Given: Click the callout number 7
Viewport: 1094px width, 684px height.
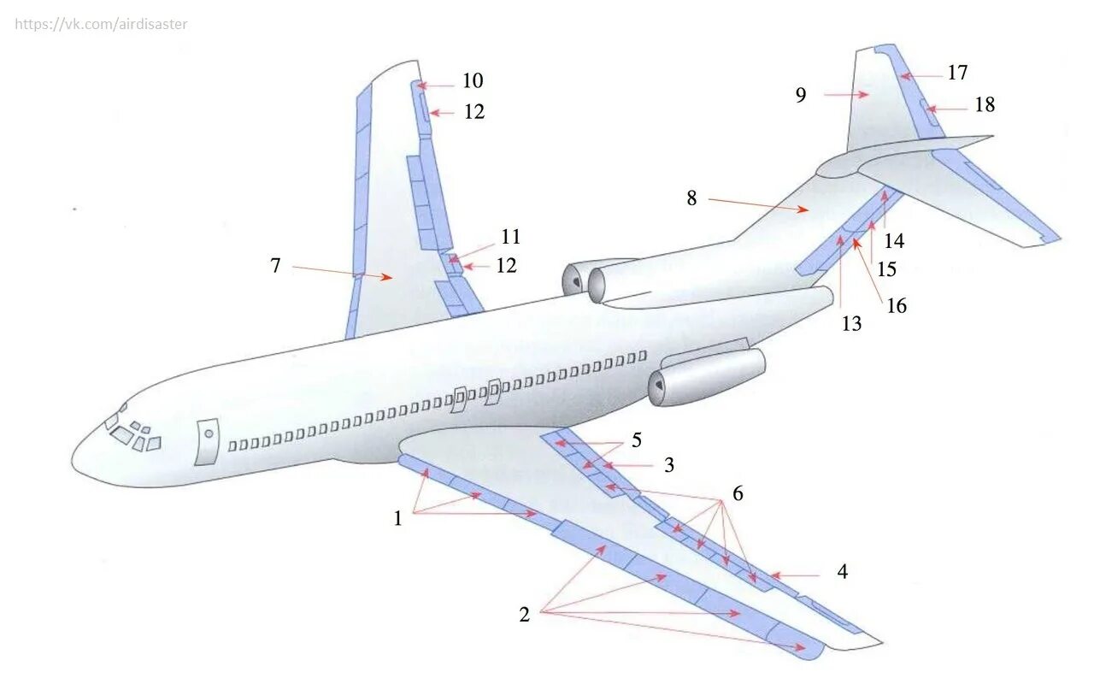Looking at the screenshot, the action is [275, 266].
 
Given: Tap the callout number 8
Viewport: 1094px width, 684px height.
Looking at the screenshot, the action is [691, 199].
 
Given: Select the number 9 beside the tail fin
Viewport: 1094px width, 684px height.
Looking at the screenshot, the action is [801, 95].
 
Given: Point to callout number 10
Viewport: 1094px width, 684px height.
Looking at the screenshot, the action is [473, 81].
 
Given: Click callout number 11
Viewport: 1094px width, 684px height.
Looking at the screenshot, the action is [510, 237].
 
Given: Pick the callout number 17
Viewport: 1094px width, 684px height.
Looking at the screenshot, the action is [957, 73].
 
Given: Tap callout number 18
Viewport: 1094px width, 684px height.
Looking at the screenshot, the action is [985, 104].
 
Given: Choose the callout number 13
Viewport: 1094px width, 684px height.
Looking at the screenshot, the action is [851, 324].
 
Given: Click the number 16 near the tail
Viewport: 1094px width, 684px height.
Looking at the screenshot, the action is [896, 305].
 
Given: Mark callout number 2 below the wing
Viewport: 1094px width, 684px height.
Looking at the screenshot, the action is [524, 614].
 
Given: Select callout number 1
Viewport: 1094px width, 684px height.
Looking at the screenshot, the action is [397, 517].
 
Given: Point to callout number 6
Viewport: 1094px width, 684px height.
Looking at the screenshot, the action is [738, 493].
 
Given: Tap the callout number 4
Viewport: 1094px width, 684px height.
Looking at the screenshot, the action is [843, 572].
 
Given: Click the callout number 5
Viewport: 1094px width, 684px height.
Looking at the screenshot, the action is [636, 441].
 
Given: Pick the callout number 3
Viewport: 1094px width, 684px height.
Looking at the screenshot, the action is [669, 465].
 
